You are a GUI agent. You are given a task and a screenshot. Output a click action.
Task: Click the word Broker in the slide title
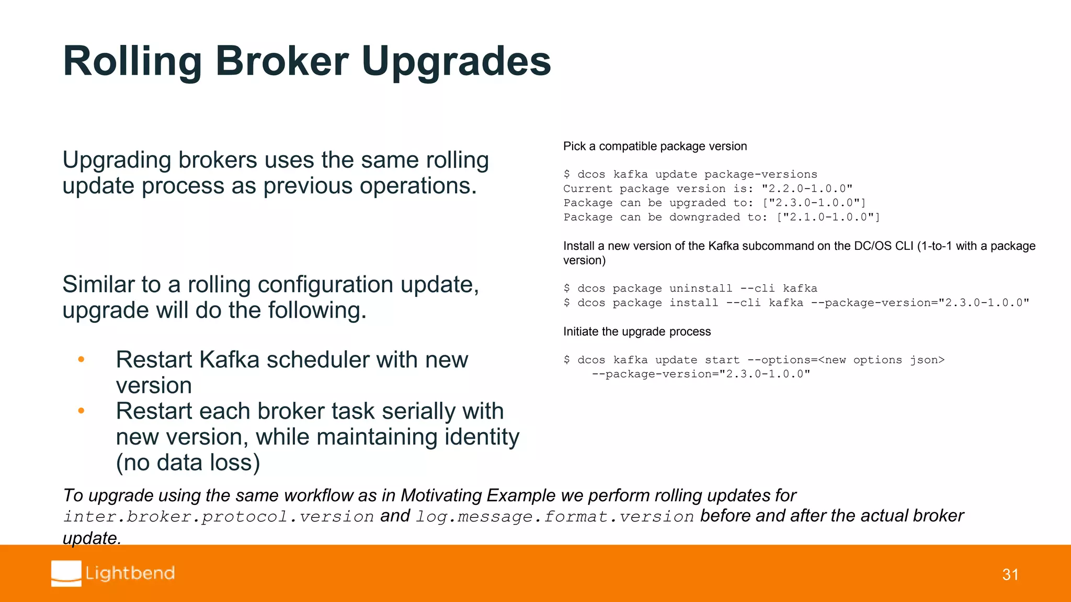click(x=281, y=61)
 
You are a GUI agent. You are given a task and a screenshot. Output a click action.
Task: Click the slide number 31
click(x=1010, y=575)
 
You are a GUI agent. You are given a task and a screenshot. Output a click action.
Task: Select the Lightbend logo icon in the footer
click(x=66, y=573)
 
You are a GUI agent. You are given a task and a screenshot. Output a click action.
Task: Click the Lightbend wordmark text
click(x=130, y=573)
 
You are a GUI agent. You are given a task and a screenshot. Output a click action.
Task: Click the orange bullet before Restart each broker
click(x=81, y=411)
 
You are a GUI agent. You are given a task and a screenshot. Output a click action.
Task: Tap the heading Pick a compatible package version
click(x=655, y=146)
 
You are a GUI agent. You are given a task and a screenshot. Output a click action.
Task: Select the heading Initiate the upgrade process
click(x=636, y=331)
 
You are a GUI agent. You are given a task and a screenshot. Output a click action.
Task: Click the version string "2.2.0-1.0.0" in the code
click(x=806, y=189)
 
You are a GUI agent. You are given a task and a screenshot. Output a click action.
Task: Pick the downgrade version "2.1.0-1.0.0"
click(x=828, y=217)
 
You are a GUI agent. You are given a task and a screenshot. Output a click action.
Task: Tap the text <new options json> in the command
click(x=881, y=360)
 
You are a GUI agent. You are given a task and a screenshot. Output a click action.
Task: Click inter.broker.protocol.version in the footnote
click(x=219, y=516)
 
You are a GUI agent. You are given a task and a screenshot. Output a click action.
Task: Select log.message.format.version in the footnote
click(x=555, y=516)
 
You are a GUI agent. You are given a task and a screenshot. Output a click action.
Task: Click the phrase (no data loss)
click(x=188, y=462)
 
